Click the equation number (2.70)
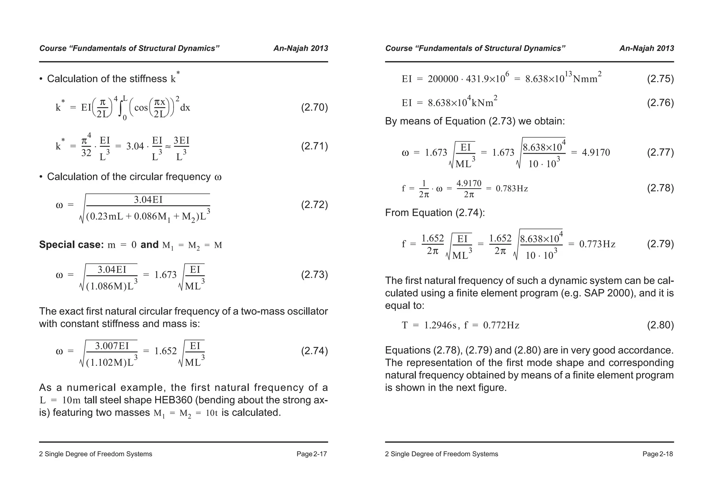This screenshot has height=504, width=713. (314, 107)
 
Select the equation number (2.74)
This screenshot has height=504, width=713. (314, 351)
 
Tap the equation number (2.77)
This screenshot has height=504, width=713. (660, 152)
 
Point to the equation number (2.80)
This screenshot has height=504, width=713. (660, 325)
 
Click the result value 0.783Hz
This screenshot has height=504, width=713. (511, 189)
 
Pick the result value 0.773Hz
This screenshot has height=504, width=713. (597, 244)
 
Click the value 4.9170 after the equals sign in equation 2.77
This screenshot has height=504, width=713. (596, 152)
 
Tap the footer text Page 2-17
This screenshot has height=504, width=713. (312, 454)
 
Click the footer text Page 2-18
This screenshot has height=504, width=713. (657, 454)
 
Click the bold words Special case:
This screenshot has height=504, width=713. (71, 245)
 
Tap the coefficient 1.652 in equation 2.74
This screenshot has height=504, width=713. (165, 351)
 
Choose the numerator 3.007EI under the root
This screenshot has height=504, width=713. (112, 346)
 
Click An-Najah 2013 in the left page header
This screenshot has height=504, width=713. (300, 48)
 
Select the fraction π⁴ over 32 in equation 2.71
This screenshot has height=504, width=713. (86, 146)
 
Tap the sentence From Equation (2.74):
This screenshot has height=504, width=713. (435, 213)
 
